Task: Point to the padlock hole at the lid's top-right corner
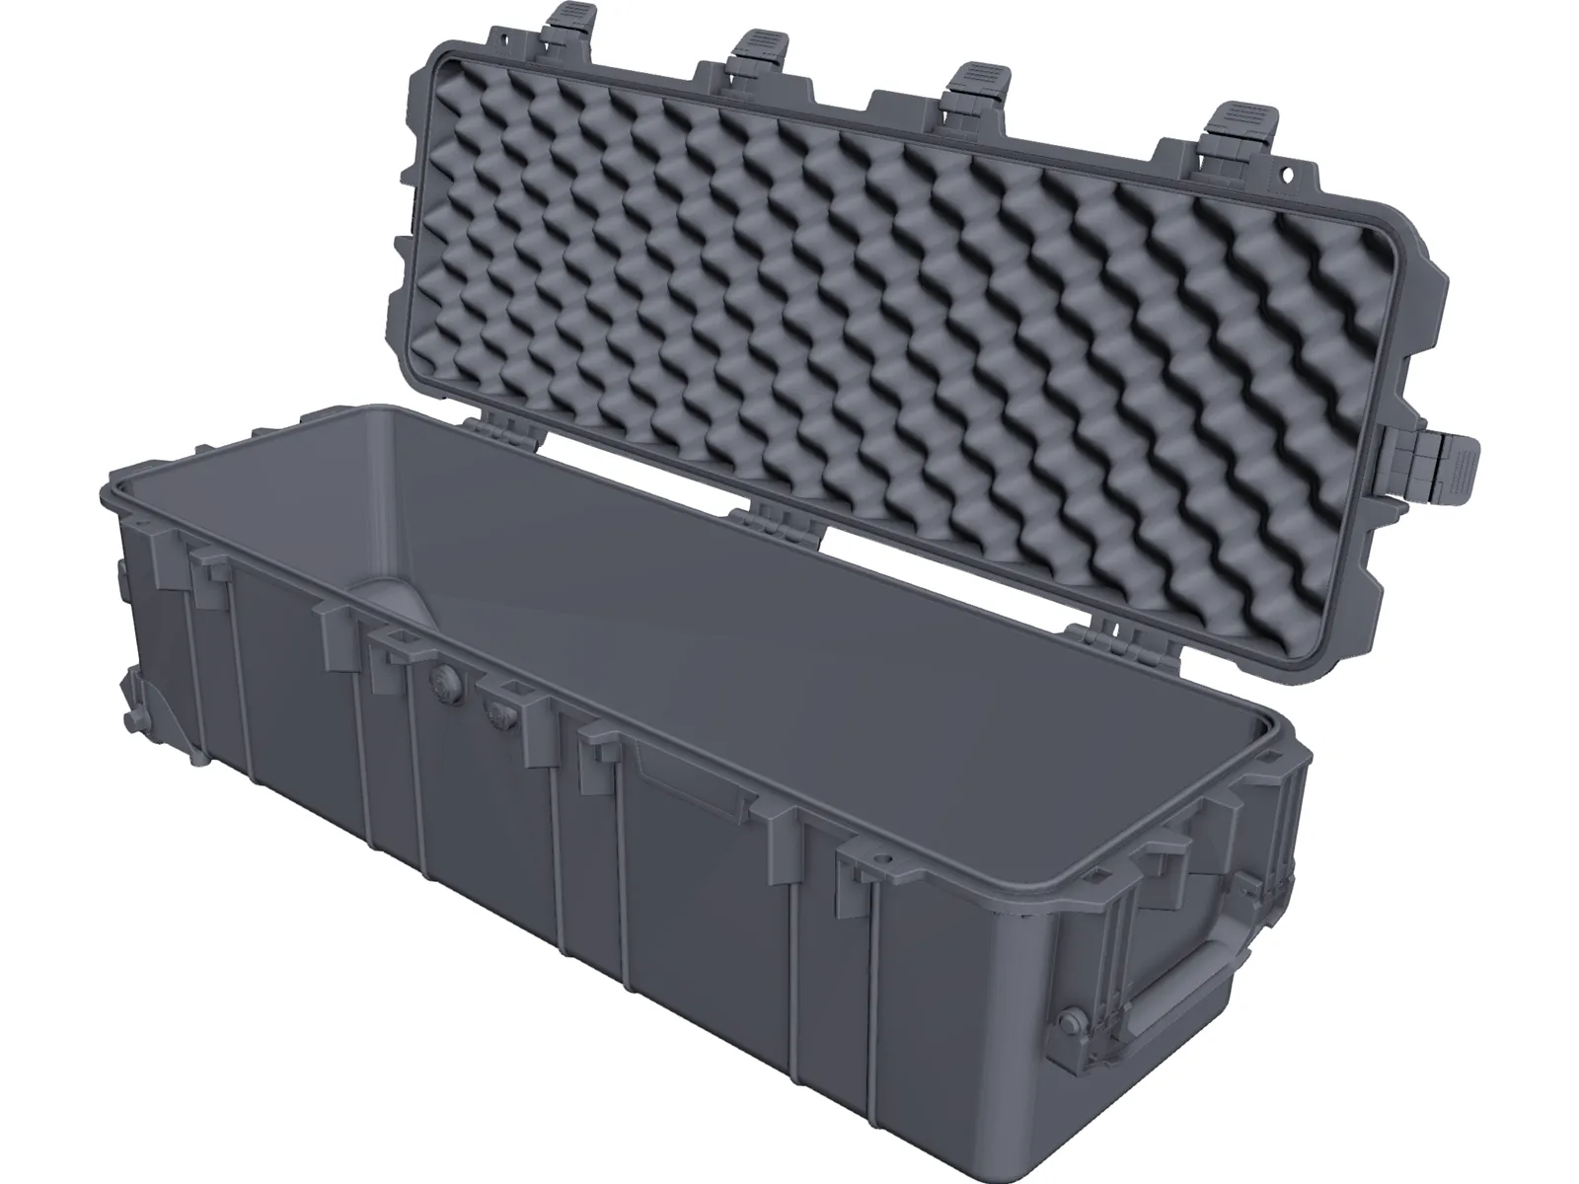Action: point(1286,175)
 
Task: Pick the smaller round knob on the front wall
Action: point(497,708)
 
